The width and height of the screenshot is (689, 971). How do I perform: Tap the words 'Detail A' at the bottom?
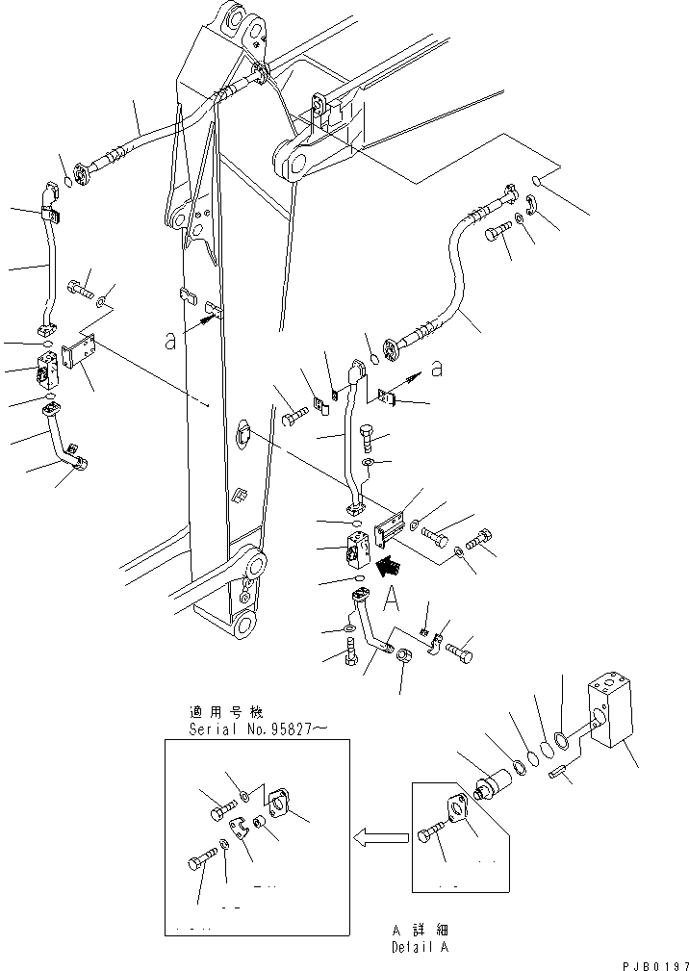(421, 948)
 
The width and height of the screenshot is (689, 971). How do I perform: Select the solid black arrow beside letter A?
(389, 569)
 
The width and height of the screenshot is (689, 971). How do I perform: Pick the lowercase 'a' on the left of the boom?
(170, 339)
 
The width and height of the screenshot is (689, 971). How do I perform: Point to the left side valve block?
(47, 369)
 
